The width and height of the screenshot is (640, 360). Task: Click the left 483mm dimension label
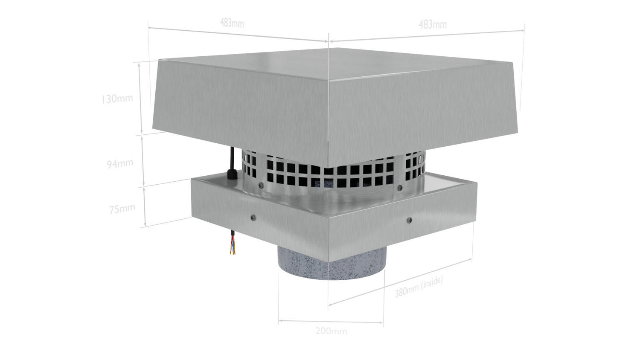point(232,23)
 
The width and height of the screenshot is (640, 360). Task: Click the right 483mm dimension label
point(433,25)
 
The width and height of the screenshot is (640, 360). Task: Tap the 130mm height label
point(117,99)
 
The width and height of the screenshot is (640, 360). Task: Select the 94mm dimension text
point(120,163)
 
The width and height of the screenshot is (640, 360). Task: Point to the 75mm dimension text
point(122,209)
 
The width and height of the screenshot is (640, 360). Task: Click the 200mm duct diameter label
point(331,331)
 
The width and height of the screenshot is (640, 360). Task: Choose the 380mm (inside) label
point(419,286)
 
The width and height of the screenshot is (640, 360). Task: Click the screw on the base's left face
point(253,218)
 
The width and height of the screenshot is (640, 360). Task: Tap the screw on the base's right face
point(409,220)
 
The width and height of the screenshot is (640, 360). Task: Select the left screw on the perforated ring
point(261,185)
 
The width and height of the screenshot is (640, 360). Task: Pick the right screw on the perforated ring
point(400,188)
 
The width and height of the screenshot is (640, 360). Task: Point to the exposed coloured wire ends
point(232,247)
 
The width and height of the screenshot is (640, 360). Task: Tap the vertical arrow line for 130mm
point(140,98)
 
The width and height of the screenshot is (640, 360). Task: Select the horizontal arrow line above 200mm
point(331,322)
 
